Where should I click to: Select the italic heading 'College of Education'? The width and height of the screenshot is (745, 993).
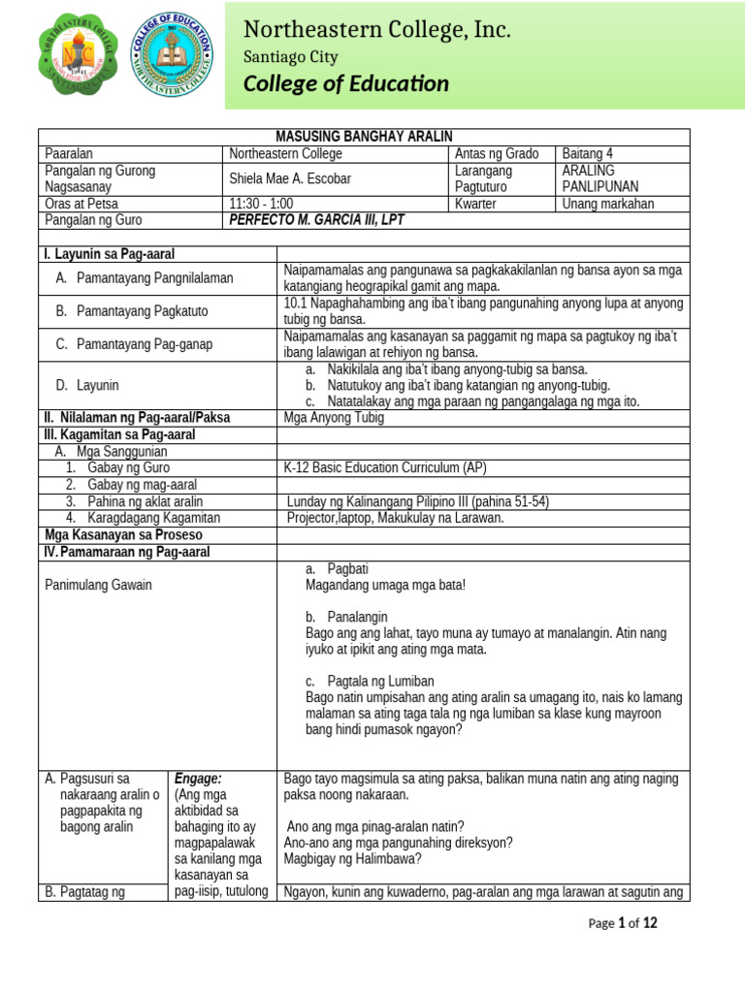(x=346, y=84)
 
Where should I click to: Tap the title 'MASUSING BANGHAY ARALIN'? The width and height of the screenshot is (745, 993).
(x=364, y=137)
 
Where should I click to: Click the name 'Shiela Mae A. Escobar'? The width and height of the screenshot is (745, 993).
(x=289, y=178)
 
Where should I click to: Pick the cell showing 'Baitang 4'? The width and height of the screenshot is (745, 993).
(x=588, y=153)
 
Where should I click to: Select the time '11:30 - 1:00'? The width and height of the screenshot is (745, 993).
(x=261, y=204)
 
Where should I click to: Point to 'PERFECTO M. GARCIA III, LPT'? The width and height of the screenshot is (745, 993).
(x=315, y=220)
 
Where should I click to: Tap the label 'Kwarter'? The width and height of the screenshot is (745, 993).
(x=479, y=204)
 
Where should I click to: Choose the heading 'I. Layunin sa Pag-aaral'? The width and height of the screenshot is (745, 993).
(x=110, y=254)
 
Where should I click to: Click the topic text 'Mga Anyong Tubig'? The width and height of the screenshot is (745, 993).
(x=334, y=418)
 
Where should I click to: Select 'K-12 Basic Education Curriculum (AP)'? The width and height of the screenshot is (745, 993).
(x=385, y=468)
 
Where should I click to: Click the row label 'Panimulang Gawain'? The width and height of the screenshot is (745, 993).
(x=98, y=585)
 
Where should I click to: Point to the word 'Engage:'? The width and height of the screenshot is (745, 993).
(x=199, y=779)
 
